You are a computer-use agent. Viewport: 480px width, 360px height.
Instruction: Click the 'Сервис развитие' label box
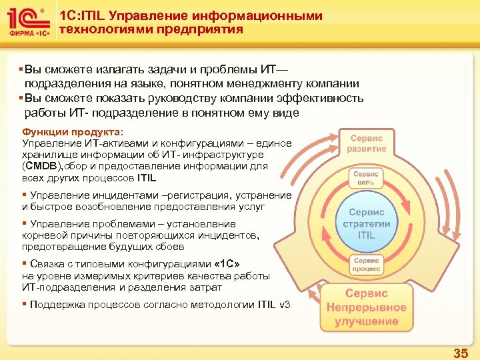[365, 143]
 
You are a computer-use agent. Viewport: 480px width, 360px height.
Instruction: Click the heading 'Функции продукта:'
[64, 132]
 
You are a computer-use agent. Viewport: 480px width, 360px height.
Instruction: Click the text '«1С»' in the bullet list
[225, 263]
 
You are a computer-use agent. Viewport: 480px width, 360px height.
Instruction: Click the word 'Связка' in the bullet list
[46, 263]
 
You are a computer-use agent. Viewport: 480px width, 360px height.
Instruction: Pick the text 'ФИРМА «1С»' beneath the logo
[26, 33]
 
